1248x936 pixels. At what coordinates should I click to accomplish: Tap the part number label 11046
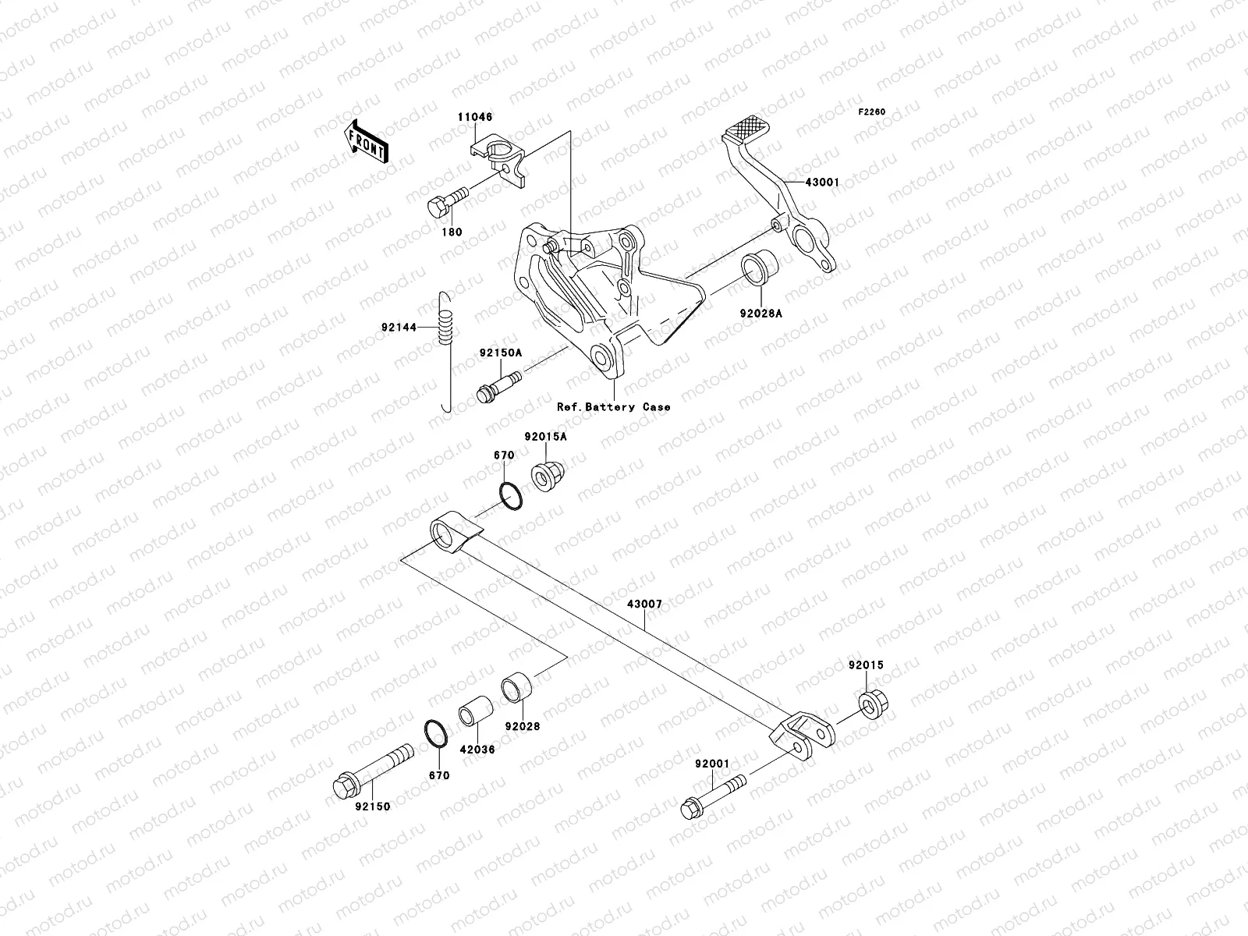(474, 117)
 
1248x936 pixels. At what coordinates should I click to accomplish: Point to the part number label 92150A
(500, 353)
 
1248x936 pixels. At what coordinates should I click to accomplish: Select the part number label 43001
(822, 183)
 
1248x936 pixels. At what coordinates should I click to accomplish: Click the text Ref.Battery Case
(613, 407)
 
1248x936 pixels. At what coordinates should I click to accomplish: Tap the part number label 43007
(645, 604)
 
